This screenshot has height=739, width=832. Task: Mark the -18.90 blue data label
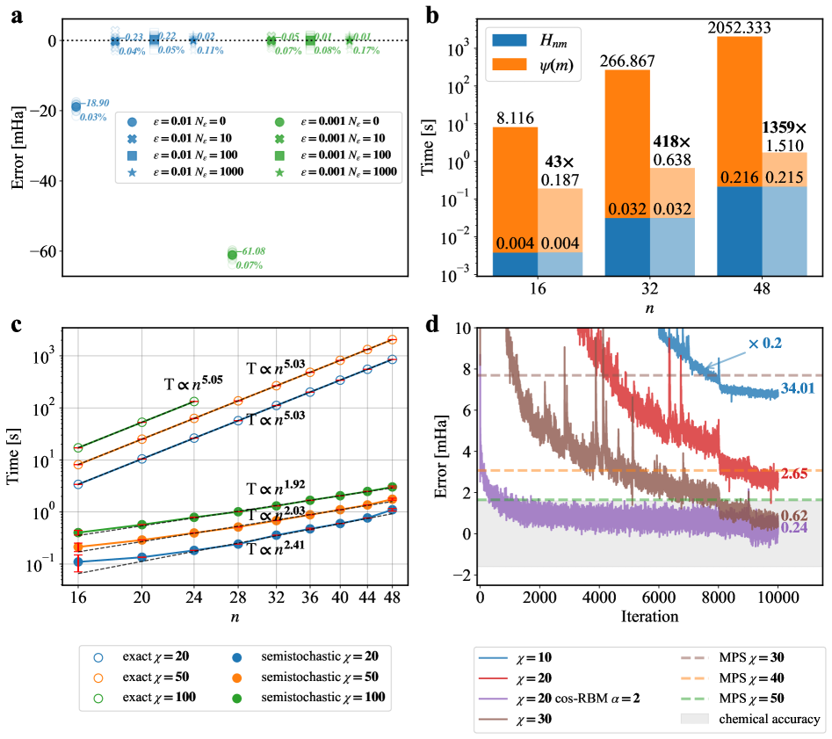pyautogui.click(x=101, y=103)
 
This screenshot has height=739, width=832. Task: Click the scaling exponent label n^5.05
pyautogui.click(x=191, y=382)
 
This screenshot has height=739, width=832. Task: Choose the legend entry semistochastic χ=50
pyautogui.click(x=326, y=676)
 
